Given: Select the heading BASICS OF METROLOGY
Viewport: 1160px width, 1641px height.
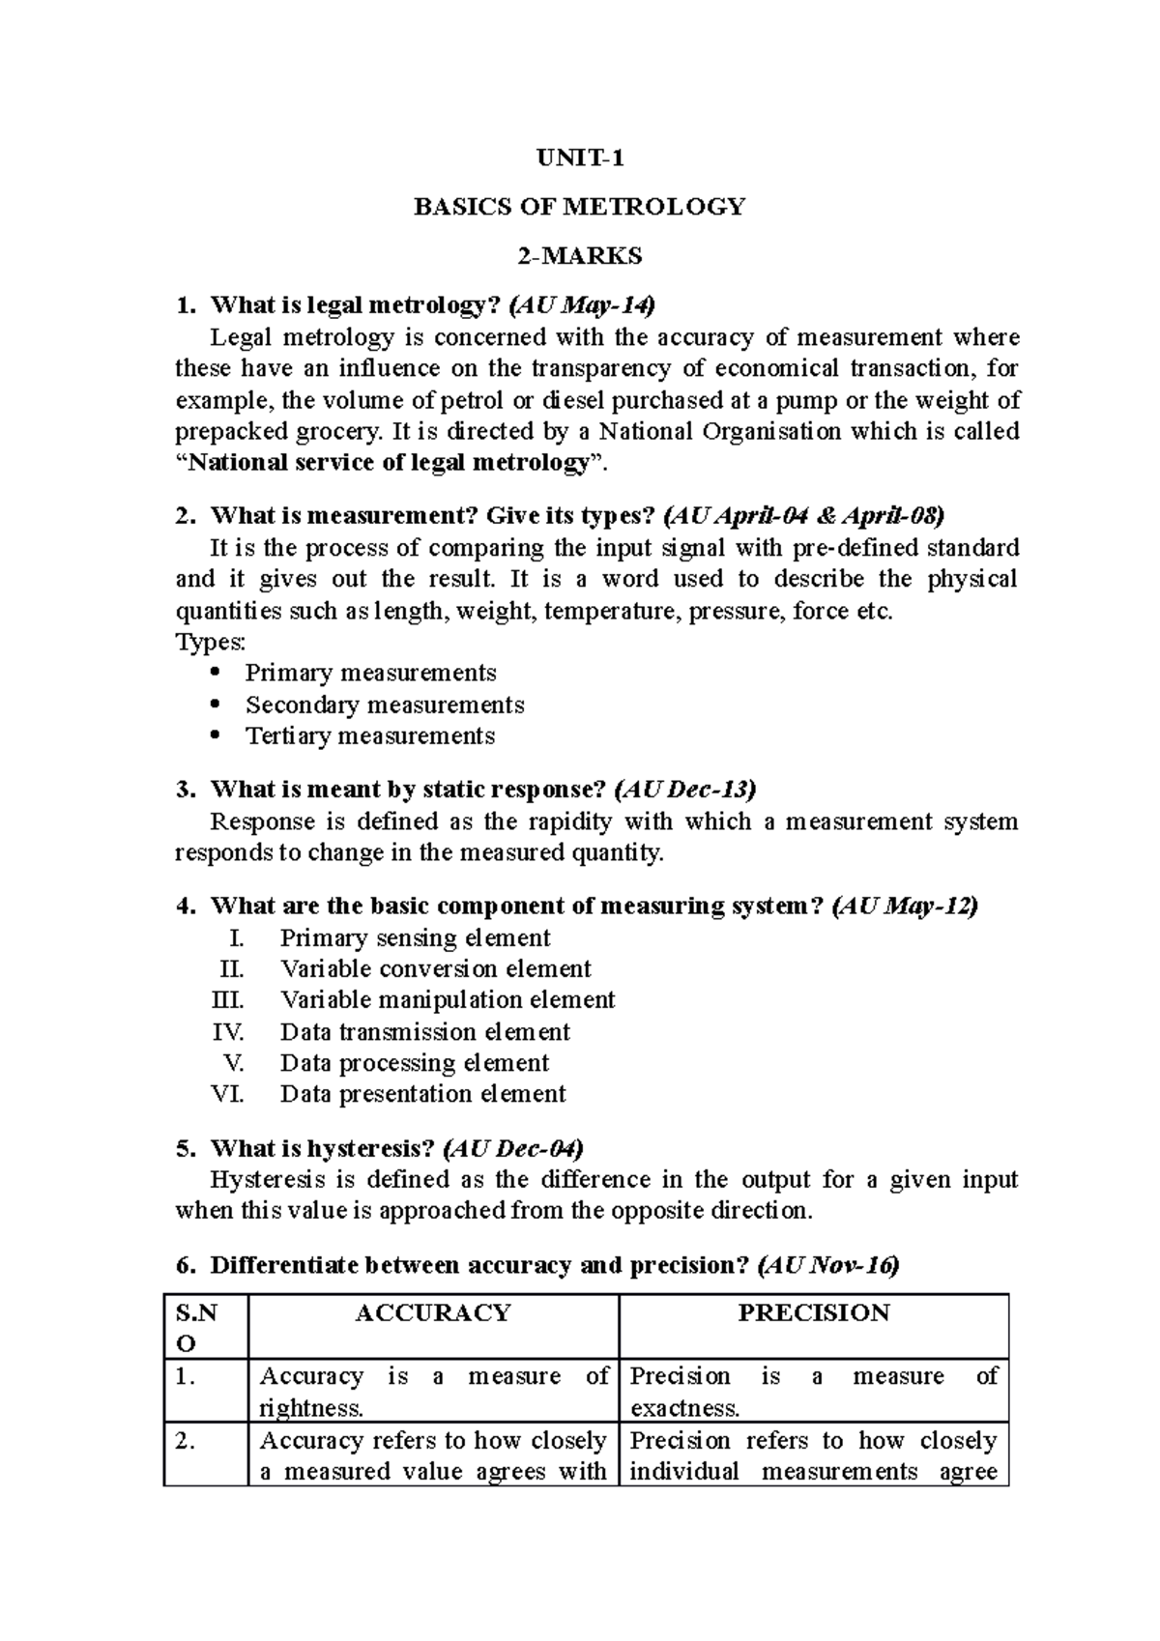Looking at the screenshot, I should (579, 207).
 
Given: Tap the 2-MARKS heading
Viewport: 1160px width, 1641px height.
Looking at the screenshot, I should (579, 257).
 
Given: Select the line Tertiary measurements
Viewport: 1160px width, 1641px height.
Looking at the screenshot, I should (369, 736).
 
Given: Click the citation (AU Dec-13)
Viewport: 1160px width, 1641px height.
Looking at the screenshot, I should (684, 790).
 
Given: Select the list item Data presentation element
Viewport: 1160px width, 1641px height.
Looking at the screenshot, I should (422, 1094).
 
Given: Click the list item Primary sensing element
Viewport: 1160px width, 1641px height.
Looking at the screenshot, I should (415, 938).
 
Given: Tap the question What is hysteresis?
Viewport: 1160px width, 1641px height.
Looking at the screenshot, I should (322, 1149).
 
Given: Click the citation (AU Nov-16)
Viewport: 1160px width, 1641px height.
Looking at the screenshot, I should (828, 1266).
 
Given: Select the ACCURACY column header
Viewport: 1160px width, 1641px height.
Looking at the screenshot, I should (432, 1313).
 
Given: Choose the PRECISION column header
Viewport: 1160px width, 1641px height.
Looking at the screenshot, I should (813, 1313).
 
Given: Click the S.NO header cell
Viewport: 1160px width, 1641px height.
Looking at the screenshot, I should (197, 1328).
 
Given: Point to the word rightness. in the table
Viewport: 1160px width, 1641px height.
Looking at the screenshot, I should (311, 1408).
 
